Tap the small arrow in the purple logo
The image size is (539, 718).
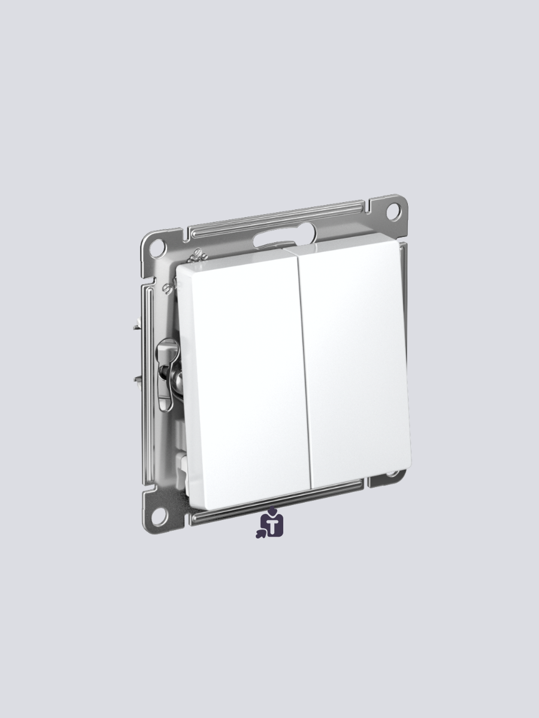[x=261, y=531]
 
